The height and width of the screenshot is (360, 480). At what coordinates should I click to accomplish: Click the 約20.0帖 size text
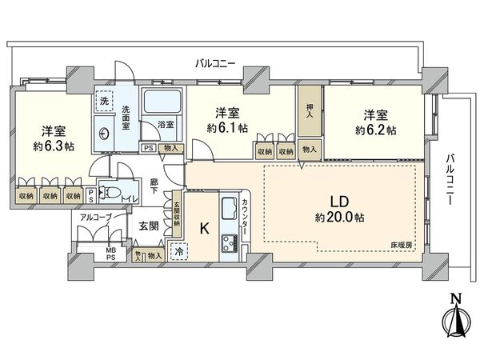(330, 218)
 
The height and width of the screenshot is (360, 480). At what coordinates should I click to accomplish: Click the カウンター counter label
(246, 214)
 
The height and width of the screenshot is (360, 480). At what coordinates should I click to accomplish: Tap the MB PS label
(112, 255)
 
